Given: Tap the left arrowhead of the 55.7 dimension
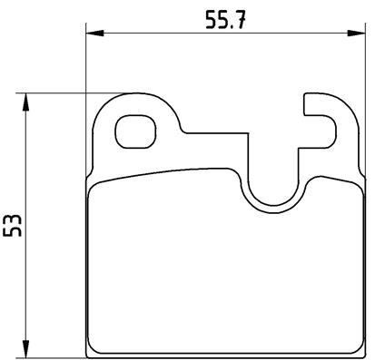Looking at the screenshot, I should [92, 34].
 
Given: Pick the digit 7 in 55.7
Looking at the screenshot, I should [242, 19].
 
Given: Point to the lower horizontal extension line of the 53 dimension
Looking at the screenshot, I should [54, 355].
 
